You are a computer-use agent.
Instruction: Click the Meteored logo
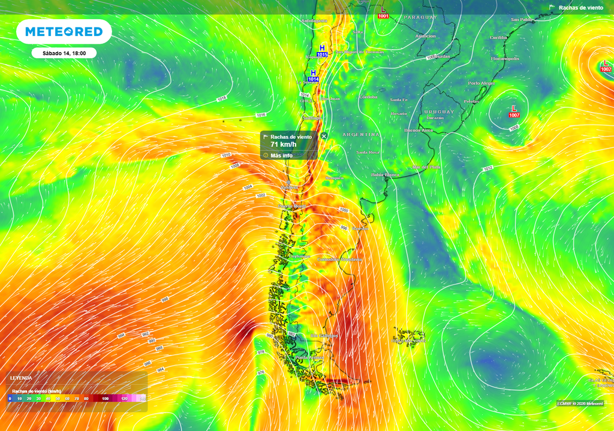click(x=64, y=32)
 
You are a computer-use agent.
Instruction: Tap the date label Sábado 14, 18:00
click(x=64, y=53)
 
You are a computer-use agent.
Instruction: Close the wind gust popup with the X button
click(x=324, y=136)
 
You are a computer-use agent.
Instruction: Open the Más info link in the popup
click(x=281, y=155)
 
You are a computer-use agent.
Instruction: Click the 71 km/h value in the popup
click(x=283, y=144)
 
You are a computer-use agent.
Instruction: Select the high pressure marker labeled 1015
click(x=322, y=51)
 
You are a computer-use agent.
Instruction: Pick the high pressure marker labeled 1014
click(x=313, y=75)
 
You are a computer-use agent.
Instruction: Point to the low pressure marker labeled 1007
click(x=514, y=111)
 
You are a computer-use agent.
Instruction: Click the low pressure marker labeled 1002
click(x=606, y=66)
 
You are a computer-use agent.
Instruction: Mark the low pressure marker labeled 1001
click(x=383, y=13)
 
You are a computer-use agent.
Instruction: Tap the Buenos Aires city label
click(x=419, y=130)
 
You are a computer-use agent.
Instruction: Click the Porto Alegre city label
click(x=481, y=83)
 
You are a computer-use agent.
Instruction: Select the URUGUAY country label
click(x=439, y=112)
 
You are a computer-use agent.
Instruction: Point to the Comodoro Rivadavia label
click(x=339, y=259)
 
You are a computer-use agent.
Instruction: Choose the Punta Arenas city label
click(x=310, y=357)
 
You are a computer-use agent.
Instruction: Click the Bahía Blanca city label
click(x=384, y=174)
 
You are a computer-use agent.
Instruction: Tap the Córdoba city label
click(x=368, y=97)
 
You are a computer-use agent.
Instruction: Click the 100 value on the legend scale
click(x=105, y=398)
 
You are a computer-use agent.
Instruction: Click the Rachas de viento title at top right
click(x=580, y=8)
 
